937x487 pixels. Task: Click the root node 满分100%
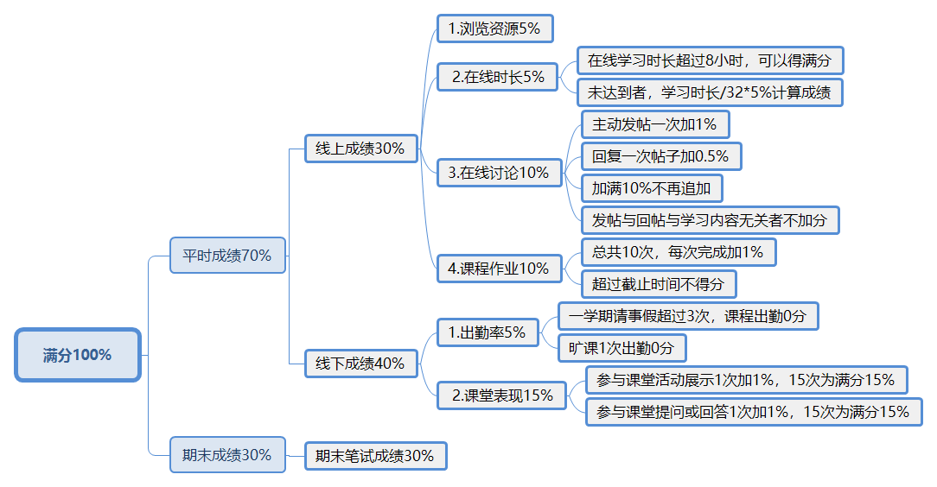pyautogui.click(x=78, y=355)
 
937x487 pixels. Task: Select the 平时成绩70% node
pyautogui.click(x=227, y=256)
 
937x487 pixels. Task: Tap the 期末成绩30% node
pyautogui.click(x=227, y=454)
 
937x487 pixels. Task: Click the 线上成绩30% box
pyautogui.click(x=360, y=148)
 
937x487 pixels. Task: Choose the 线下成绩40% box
pyautogui.click(x=360, y=364)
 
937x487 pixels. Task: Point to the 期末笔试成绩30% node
pyautogui.click(x=375, y=455)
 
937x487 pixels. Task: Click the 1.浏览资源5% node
pyautogui.click(x=494, y=28)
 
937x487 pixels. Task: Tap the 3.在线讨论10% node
pyautogui.click(x=499, y=173)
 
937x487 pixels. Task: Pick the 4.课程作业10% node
pyautogui.click(x=499, y=269)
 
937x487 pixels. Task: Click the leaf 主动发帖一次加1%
pyautogui.click(x=654, y=124)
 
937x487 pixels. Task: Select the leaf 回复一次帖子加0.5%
pyautogui.click(x=660, y=156)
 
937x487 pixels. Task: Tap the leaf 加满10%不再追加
pyautogui.click(x=651, y=188)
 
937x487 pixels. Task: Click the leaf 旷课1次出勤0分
pyautogui.click(x=621, y=348)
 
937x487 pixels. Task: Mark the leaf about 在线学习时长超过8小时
pyautogui.click(x=709, y=60)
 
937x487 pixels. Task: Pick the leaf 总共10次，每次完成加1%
pyautogui.click(x=678, y=252)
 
